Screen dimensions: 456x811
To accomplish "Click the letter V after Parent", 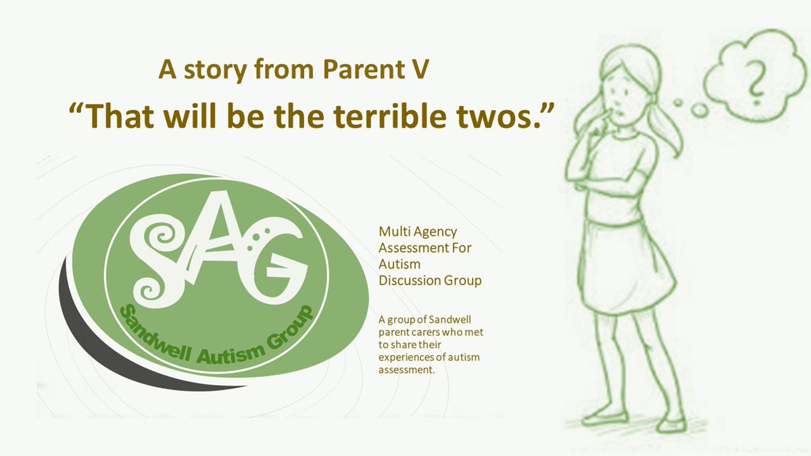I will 420,70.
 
